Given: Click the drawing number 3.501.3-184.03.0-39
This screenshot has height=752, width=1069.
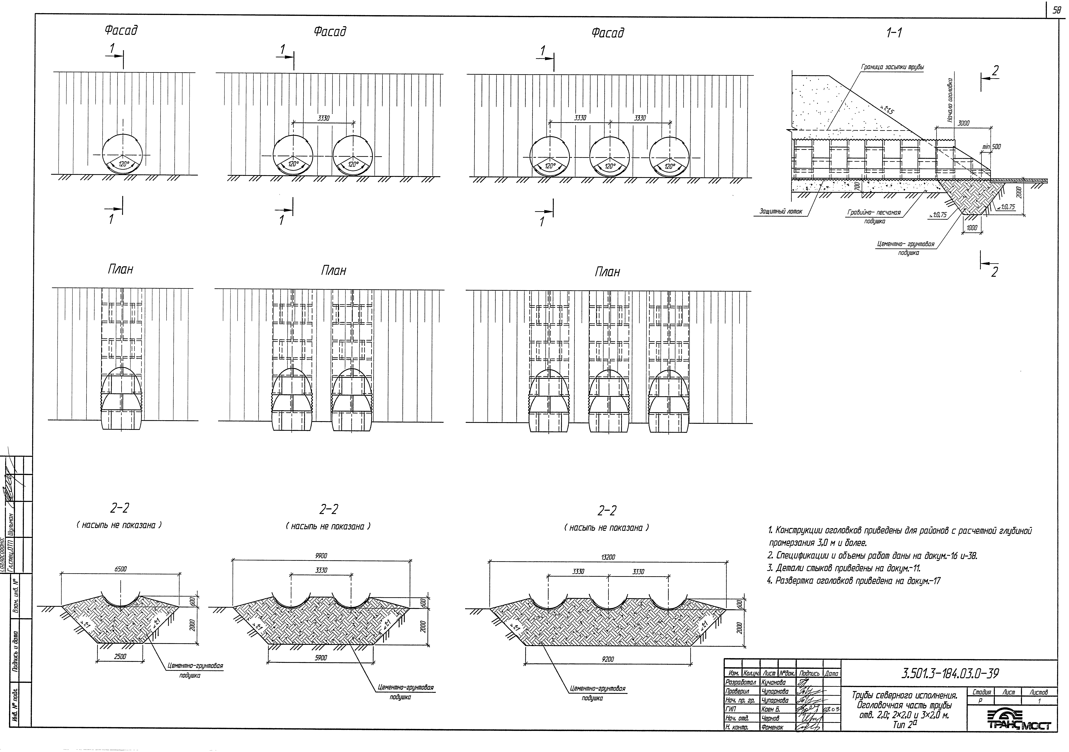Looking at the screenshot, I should (950, 673).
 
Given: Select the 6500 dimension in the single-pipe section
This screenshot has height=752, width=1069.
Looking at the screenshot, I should (121, 569).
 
